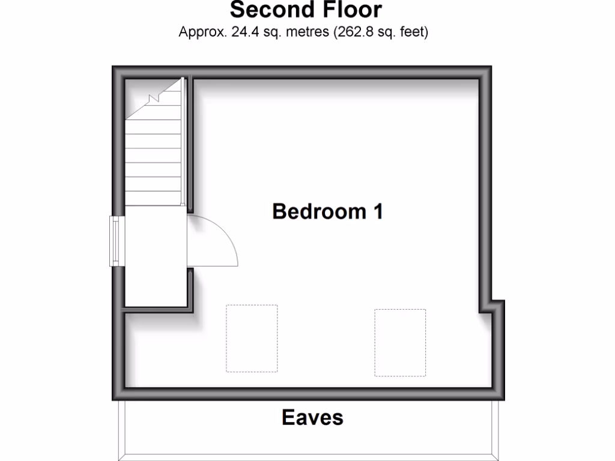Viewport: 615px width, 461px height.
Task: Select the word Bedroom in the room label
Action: [x=316, y=211]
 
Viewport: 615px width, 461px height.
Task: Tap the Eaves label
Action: [x=312, y=417]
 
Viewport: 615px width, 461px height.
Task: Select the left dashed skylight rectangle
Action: [x=252, y=338]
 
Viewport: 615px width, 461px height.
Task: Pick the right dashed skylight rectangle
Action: [x=400, y=342]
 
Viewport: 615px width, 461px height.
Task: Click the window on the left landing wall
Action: [x=114, y=241]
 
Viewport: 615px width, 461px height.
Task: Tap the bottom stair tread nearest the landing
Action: [x=154, y=199]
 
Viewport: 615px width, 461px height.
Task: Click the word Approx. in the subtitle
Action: [x=201, y=32]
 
